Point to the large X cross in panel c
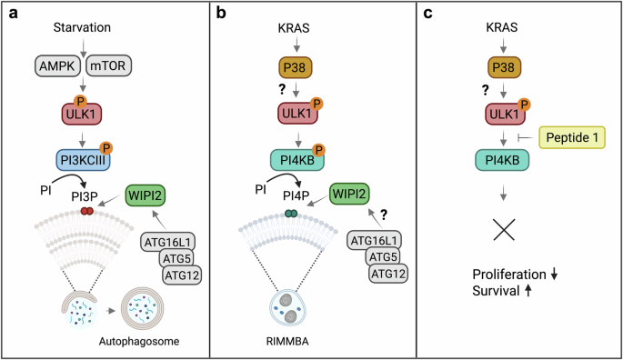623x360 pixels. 496,227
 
